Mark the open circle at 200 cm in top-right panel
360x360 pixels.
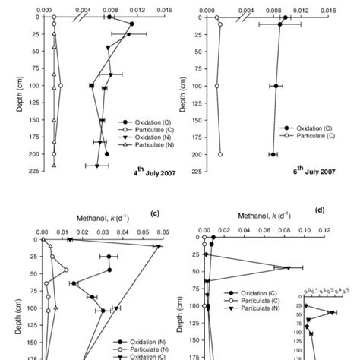point(220,154)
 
